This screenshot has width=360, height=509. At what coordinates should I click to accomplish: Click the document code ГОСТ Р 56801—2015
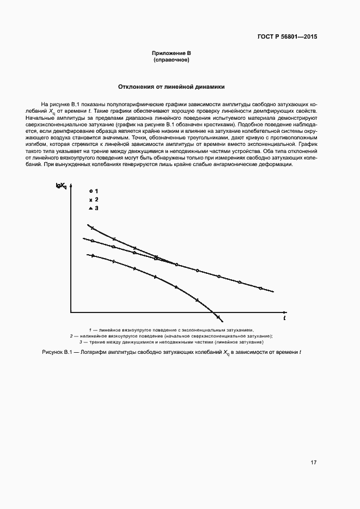[x=286, y=37]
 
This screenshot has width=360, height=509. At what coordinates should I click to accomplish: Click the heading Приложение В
[x=171, y=53]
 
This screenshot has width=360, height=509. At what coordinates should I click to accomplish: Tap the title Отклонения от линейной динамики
[x=172, y=87]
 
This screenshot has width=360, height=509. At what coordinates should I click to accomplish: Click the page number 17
[x=313, y=463]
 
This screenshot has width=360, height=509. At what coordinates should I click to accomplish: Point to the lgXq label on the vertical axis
[x=60, y=186]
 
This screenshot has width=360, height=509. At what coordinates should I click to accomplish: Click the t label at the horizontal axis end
[x=284, y=317]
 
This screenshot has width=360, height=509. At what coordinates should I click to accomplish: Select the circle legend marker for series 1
[x=90, y=192]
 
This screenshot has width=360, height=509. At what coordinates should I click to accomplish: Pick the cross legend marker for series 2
[x=90, y=200]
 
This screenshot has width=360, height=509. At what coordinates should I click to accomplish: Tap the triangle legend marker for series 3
[x=90, y=208]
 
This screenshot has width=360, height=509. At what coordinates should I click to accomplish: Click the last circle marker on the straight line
[x=260, y=288]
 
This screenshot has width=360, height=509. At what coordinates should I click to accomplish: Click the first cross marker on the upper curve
[x=92, y=228]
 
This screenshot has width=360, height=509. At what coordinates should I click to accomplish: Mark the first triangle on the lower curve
[x=93, y=255]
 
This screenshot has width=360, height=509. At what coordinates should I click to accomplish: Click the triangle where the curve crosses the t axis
[x=218, y=316]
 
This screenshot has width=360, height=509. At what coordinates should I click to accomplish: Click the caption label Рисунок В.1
[x=57, y=353]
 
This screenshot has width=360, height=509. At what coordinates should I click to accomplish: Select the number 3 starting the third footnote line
[x=81, y=342]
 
